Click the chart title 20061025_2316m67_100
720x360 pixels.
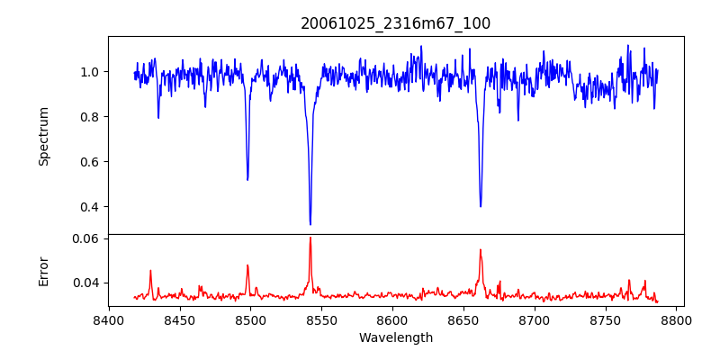click(395, 23)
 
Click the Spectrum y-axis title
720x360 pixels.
click(44, 136)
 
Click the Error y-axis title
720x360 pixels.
click(44, 270)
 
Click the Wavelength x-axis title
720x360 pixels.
click(395, 337)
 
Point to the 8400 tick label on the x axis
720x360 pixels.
click(109, 319)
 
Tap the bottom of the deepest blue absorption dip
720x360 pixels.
click(310, 224)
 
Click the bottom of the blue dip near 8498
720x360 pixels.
click(247, 179)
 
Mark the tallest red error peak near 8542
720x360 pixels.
click(310, 238)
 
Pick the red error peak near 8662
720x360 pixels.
click(481, 250)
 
